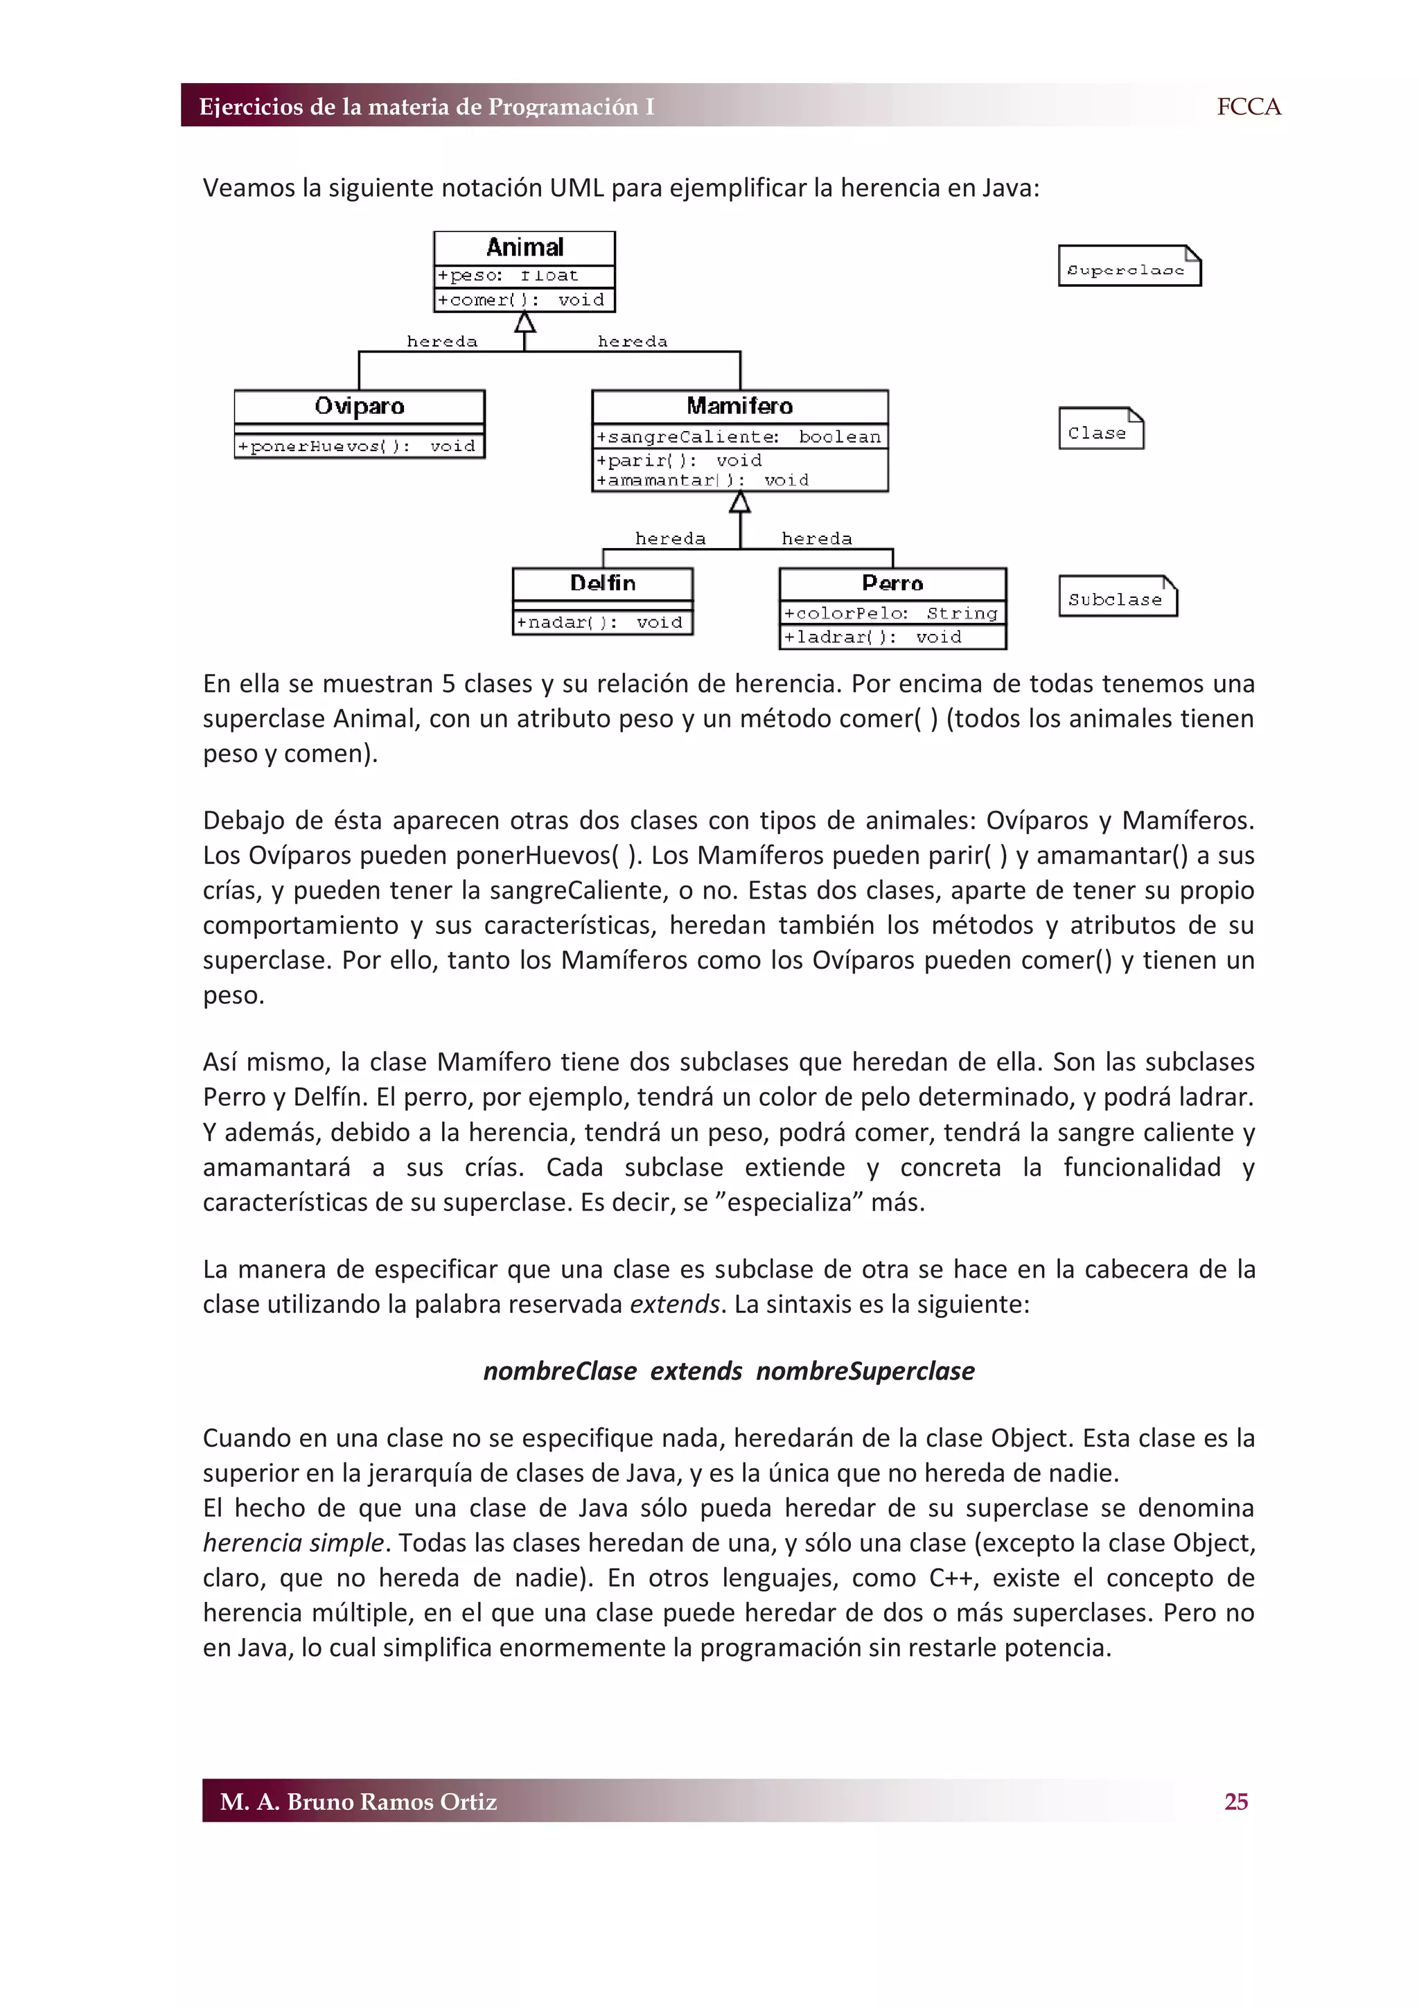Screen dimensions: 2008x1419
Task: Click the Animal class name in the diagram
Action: coord(525,247)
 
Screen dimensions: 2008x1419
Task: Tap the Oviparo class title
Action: coord(360,406)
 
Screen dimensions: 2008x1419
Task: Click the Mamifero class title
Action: coord(740,406)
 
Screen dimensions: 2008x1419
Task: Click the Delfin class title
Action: coord(602,583)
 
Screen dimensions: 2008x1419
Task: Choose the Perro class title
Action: coord(892,583)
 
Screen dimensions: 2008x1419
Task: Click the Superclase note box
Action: coord(1128,267)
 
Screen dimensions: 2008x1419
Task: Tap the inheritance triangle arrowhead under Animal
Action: coord(525,323)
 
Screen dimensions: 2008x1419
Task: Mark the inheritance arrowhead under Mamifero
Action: coord(740,502)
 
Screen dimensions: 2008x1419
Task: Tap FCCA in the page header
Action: coord(1248,107)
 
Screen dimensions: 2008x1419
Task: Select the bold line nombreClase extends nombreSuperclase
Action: coord(728,1371)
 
